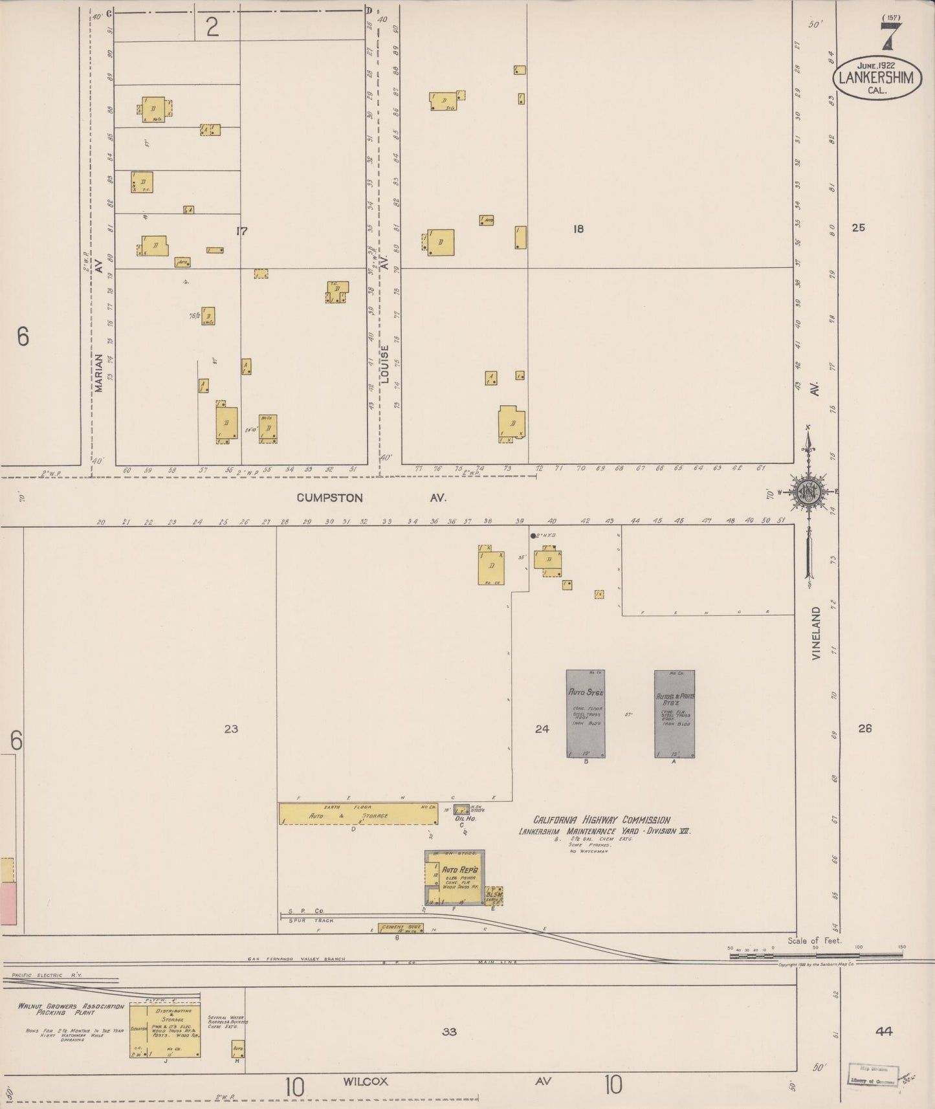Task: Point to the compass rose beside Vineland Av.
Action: pyautogui.click(x=809, y=491)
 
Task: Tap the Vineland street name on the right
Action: pyautogui.click(x=817, y=633)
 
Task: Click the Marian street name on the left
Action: pyautogui.click(x=99, y=373)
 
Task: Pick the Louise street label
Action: pyautogui.click(x=384, y=365)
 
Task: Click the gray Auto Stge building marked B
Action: pyautogui.click(x=586, y=713)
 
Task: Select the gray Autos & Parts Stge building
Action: pyautogui.click(x=674, y=713)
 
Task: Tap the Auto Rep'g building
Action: pyautogui.click(x=454, y=878)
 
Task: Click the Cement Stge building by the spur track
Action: pyautogui.click(x=401, y=928)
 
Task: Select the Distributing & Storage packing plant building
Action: pyautogui.click(x=164, y=1030)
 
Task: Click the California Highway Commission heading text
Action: pyautogui.click(x=601, y=820)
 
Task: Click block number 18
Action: pyautogui.click(x=578, y=228)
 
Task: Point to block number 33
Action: pyautogui.click(x=449, y=1031)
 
